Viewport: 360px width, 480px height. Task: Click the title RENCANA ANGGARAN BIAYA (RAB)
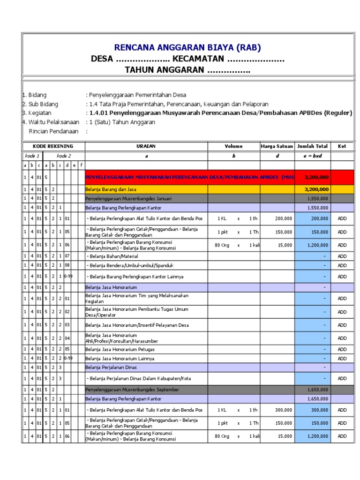click(x=187, y=47)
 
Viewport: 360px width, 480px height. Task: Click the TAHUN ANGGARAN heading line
click(x=187, y=70)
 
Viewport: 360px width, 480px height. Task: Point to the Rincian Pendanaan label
click(x=53, y=131)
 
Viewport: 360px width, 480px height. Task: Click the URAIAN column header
click(x=146, y=146)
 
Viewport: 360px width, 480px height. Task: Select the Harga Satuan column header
click(x=277, y=146)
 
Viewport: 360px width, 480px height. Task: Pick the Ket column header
click(x=342, y=146)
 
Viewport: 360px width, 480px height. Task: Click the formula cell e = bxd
click(x=312, y=155)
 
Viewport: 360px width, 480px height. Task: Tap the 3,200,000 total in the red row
click(x=316, y=178)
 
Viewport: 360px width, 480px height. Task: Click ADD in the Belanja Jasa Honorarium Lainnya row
click(x=342, y=358)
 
